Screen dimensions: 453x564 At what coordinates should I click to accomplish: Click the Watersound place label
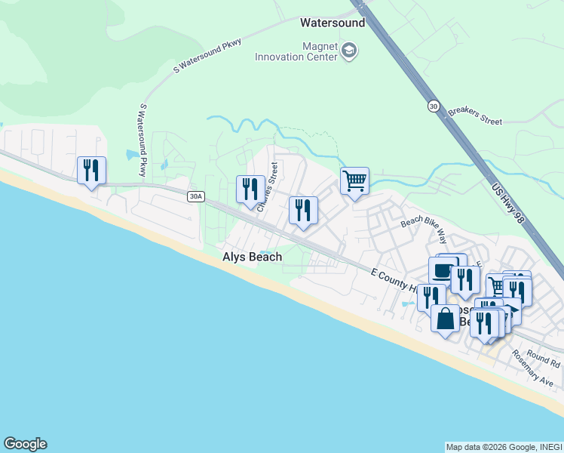pos(333,23)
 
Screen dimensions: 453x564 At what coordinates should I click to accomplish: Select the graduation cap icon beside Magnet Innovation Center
pos(349,51)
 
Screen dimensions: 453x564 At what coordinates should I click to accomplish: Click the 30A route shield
pos(195,196)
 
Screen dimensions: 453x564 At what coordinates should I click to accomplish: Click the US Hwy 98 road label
pos(507,203)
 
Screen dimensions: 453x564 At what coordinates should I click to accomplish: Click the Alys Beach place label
pos(252,257)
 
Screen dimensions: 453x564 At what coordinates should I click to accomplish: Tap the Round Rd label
pos(543,358)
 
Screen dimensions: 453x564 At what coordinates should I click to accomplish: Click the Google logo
pos(25,444)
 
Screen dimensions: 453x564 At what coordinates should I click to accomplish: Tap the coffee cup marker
pos(443,271)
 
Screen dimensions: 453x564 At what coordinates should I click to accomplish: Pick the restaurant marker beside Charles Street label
pos(250,189)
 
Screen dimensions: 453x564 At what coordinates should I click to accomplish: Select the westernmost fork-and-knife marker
pos(91,170)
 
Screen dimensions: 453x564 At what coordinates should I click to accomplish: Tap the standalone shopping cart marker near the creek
pos(354,180)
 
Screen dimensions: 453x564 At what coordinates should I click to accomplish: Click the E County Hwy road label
pos(394,279)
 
